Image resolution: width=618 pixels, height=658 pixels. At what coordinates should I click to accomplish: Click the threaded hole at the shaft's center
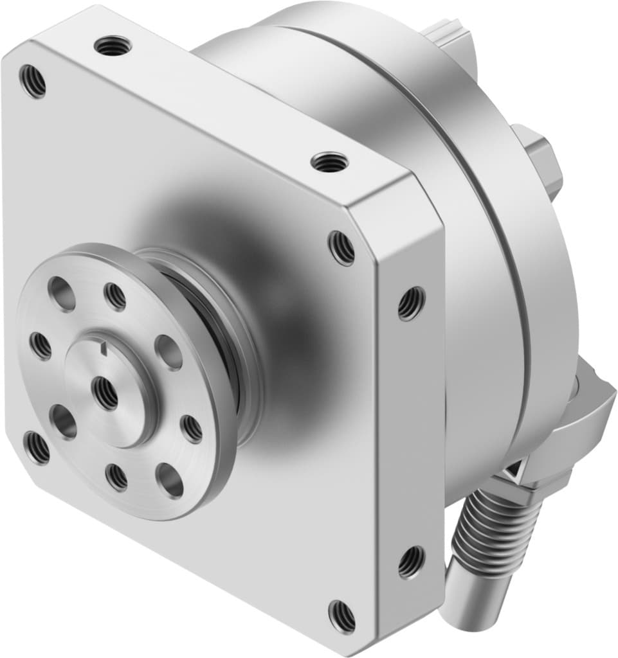pos(105,392)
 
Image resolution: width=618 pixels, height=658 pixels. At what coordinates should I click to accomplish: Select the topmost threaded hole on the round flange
pos(115,296)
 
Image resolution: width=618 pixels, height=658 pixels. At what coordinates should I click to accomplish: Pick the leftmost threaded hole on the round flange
pos(41,346)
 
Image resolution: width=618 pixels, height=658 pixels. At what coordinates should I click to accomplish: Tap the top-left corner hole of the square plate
pos(32,81)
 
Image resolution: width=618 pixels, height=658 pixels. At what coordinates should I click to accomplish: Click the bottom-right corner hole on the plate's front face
pos(341,616)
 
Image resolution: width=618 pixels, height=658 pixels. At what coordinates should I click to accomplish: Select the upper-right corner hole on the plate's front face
pos(341,247)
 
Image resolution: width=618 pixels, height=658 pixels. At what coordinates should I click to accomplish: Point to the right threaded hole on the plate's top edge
pos(329,162)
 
